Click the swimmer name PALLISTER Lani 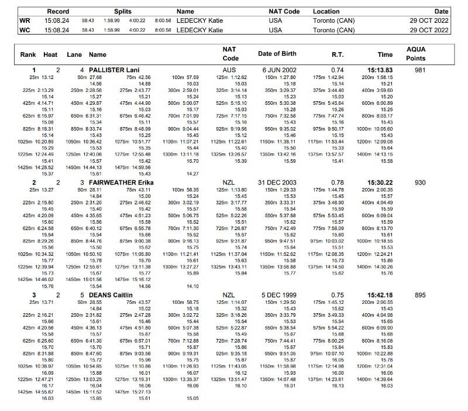pyautogui.click(x=113, y=70)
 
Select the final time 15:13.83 pyautogui.click(x=380, y=70)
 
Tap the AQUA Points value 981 pyautogui.click(x=419, y=70)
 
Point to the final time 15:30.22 pyautogui.click(x=380, y=183)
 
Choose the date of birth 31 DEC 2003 pyautogui.click(x=277, y=183)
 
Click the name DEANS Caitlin pyautogui.click(x=112, y=295)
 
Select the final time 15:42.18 pyautogui.click(x=380, y=295)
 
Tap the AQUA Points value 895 pyautogui.click(x=419, y=295)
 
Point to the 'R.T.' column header pyautogui.click(x=338, y=54)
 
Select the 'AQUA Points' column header pyautogui.click(x=416, y=54)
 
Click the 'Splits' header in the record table pyautogui.click(x=123, y=11)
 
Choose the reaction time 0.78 pyautogui.click(x=338, y=183)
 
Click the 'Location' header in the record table pyautogui.click(x=326, y=11)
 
